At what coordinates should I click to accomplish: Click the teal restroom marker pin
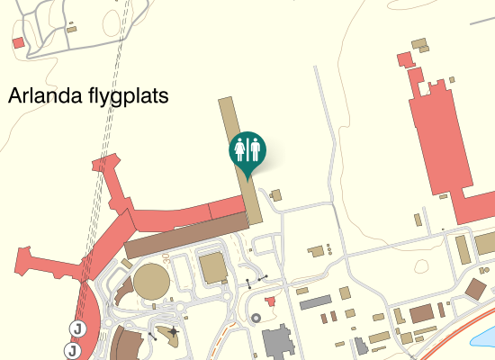point(247,149)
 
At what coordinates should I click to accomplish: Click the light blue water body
point(484,339)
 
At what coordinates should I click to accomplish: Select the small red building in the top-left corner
point(17,42)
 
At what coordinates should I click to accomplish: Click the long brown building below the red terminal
point(185,235)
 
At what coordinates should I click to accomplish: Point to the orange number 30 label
point(167,258)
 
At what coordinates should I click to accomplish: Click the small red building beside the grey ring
point(271,300)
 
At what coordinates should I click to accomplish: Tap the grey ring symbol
point(256,317)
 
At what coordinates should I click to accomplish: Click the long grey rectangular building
point(316,302)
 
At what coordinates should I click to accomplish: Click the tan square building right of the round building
point(212,267)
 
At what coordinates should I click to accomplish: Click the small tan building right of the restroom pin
point(276,194)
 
